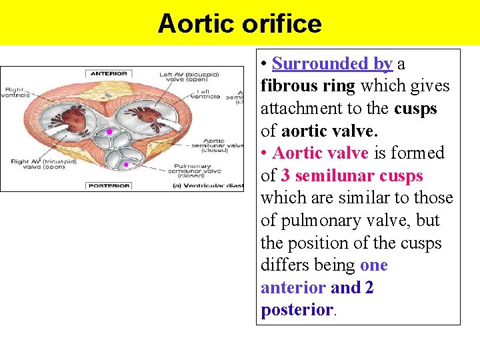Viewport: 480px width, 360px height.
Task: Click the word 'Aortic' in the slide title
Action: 193,24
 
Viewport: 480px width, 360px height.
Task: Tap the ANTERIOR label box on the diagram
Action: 109,73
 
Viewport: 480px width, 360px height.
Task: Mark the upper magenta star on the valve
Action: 109,133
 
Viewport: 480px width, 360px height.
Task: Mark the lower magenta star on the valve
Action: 125,164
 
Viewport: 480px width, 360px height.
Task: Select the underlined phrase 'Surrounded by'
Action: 332,64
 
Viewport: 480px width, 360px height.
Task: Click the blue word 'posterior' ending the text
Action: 297,310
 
